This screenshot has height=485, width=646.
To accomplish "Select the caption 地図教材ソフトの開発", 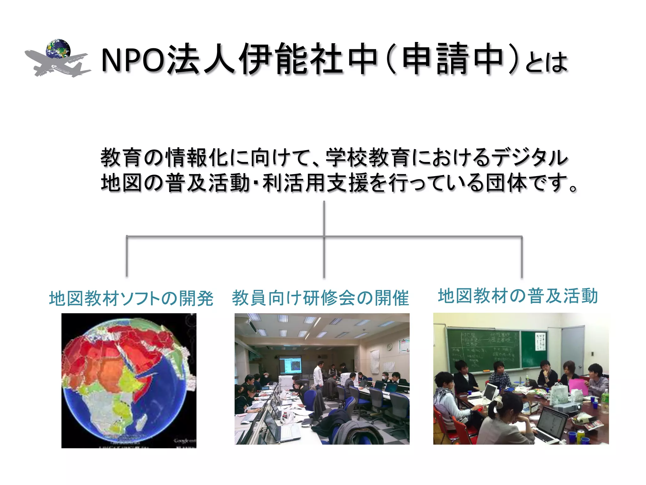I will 131,298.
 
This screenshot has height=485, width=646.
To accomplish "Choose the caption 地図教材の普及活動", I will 518,296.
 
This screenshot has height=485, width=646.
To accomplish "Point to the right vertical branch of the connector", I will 522,256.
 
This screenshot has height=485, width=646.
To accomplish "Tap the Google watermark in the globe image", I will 185,440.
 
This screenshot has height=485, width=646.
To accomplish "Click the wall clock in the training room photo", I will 390,347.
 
